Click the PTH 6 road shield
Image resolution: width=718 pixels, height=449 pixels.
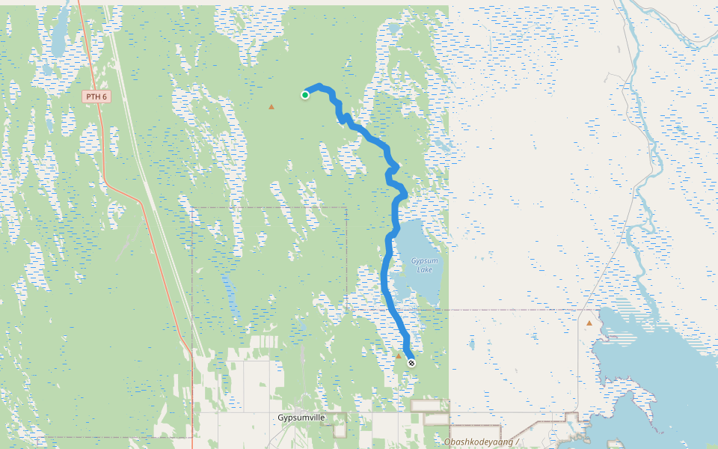(96, 97)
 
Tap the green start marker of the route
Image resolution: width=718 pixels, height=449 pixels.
(305, 94)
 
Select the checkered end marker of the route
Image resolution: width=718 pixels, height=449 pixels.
(411, 363)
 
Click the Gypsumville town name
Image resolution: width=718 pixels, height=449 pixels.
(302, 417)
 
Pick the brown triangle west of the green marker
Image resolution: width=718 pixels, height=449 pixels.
(271, 107)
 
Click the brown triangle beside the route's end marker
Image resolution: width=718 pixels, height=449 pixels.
(399, 356)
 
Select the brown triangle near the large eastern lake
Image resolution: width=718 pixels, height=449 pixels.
(589, 323)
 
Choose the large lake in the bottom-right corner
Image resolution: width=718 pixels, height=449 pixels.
(658, 374)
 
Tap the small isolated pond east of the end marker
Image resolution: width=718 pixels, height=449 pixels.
(472, 345)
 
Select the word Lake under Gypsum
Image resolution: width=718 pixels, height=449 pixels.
(424, 269)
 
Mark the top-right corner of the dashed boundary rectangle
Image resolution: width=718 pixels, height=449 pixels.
(347, 208)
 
